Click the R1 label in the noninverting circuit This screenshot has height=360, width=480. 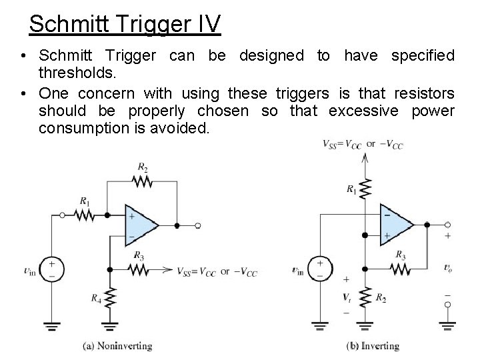point(84,200)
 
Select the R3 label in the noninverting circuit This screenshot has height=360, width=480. point(138,255)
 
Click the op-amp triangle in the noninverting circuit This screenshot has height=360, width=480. point(139,225)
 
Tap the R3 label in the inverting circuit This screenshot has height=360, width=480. point(400,254)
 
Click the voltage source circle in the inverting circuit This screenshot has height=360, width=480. point(320,269)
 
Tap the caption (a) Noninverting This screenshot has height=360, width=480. point(117,345)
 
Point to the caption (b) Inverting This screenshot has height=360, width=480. point(373,345)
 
